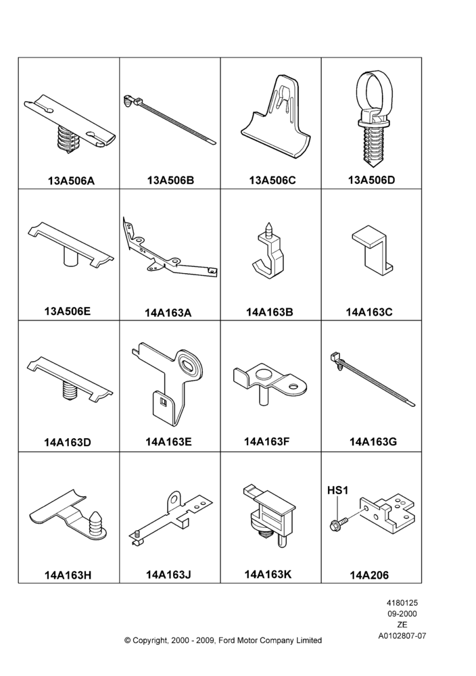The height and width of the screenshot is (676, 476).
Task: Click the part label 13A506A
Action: point(71,180)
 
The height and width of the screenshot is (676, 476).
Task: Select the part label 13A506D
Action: point(371,180)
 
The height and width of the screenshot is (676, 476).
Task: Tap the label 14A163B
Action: point(269,312)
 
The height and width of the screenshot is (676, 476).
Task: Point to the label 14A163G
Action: point(373,441)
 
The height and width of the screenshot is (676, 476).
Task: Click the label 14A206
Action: point(369,575)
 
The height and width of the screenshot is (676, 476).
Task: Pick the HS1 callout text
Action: point(337,490)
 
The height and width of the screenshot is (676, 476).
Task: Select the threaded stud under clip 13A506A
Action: point(68,139)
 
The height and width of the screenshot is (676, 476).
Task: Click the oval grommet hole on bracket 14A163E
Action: point(191,364)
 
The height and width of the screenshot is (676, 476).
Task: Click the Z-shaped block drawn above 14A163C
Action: point(373,251)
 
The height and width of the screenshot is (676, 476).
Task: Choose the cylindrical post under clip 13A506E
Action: point(70,258)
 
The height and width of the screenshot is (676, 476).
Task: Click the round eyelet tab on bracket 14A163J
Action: point(174,500)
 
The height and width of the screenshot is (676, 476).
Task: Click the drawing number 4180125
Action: point(402,603)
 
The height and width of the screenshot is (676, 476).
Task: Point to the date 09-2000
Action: point(402,614)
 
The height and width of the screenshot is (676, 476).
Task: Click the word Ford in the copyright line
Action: point(229,640)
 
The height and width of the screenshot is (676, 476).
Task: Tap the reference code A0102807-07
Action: point(402,635)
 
